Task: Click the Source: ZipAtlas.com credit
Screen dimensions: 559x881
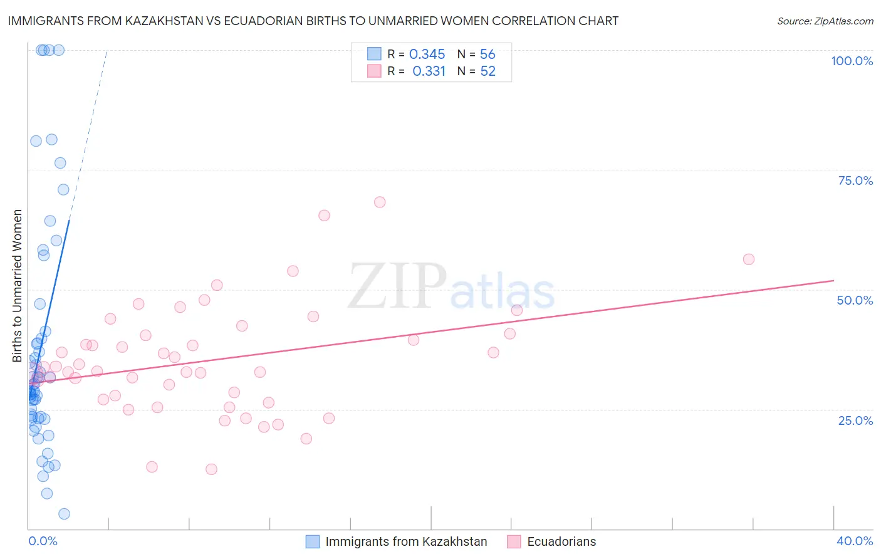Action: click(825, 21)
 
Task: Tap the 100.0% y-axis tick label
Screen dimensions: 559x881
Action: click(852, 61)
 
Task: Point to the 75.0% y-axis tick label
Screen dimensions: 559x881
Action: click(855, 180)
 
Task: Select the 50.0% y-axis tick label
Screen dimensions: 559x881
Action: click(855, 300)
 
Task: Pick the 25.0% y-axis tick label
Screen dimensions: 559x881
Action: click(855, 420)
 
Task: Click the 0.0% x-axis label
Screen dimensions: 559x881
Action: click(43, 541)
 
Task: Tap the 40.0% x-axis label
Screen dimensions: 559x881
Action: click(855, 541)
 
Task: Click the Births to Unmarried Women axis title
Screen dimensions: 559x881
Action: click(18, 286)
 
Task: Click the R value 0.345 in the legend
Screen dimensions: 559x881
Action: click(427, 55)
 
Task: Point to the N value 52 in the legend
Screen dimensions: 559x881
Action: click(487, 71)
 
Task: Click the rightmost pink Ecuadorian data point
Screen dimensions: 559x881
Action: click(748, 259)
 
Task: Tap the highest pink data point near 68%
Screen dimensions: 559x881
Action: click(380, 202)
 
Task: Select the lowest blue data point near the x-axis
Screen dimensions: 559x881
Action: click(64, 514)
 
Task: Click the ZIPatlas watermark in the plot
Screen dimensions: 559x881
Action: click(451, 287)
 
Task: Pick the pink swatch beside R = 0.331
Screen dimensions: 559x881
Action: click(374, 71)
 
